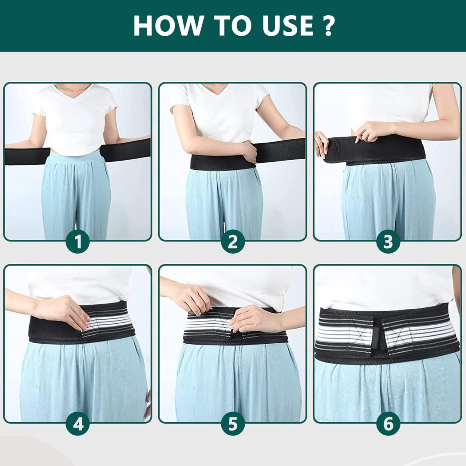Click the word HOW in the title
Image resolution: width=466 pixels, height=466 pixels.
click(x=165, y=26)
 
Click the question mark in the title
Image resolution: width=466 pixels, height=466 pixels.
click(x=327, y=26)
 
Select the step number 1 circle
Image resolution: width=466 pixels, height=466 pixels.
click(x=78, y=242)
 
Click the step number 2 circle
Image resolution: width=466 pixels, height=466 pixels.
click(x=233, y=242)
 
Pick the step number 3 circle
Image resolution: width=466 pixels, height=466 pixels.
click(x=388, y=242)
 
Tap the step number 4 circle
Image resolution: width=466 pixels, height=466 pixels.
click(x=78, y=424)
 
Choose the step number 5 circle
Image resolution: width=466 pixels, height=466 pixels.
click(x=233, y=424)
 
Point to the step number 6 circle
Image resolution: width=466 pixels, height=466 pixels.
click(x=388, y=424)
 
